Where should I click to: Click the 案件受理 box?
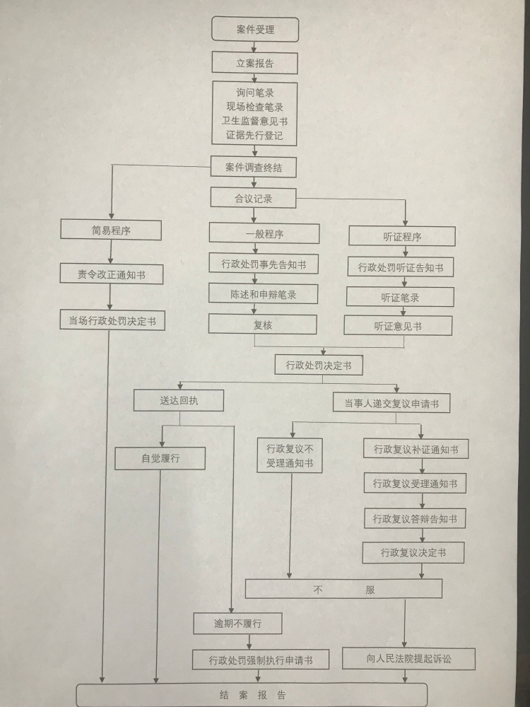pos(255,30)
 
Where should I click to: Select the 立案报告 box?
pos(255,63)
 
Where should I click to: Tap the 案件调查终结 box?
pos(254,167)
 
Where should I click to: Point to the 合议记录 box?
pos(253,199)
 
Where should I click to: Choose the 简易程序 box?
pos(111,230)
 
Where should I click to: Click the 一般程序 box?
pos(263,233)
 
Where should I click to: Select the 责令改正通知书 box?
pos(111,274)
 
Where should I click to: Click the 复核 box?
pos(263,323)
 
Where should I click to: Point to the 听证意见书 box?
pos(398,325)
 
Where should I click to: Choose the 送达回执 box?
pos(179,400)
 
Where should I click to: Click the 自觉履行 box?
pos(160,458)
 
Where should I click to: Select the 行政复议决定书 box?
pos(413,552)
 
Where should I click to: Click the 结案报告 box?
pos(252,695)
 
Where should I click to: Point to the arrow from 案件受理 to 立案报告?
pos(254,47)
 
